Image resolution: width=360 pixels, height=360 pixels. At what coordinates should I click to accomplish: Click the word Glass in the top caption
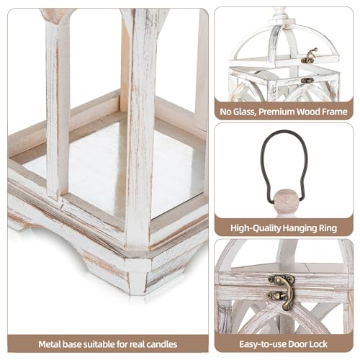(x=246, y=112)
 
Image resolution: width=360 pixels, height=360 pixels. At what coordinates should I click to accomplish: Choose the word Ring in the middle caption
(x=328, y=228)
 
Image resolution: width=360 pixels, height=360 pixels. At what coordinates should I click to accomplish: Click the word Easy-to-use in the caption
(x=261, y=343)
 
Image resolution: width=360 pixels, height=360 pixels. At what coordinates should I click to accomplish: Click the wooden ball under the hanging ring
(x=286, y=198)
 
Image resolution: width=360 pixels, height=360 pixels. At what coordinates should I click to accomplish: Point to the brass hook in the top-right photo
(x=310, y=56)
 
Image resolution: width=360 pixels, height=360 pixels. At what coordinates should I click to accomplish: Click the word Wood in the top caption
(x=313, y=112)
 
